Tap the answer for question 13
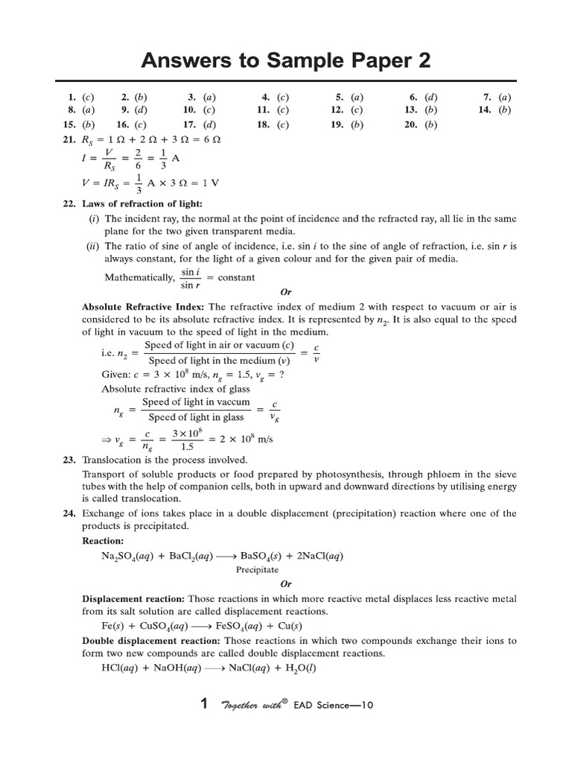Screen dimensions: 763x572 click(x=430, y=110)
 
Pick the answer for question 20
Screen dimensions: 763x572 click(x=430, y=125)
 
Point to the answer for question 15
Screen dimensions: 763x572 click(x=89, y=125)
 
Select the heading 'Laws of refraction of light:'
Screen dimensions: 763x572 click(x=142, y=204)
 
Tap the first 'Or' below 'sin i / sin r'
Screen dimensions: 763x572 click(x=286, y=292)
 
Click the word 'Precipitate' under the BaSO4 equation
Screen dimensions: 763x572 click(x=257, y=569)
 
